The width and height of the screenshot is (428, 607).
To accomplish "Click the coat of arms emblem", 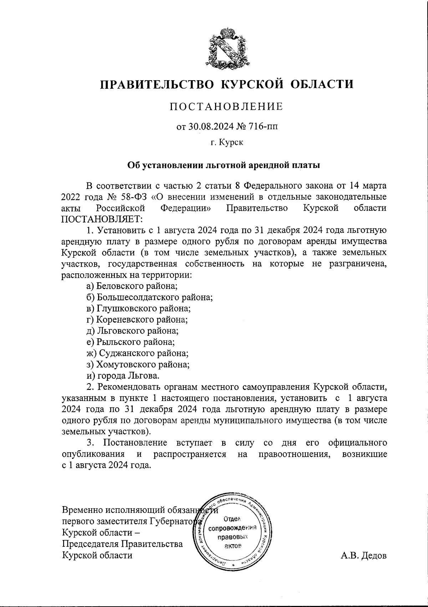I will pos(227,48).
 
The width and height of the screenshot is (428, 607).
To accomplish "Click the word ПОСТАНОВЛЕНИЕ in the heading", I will pos(226,107).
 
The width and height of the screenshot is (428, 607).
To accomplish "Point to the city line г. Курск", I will pos(226,143).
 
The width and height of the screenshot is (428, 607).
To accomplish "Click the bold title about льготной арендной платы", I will pos(224,165).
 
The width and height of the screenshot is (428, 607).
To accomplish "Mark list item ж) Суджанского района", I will pos(138,353).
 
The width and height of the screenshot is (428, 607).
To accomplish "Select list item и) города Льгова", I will pos(123,376).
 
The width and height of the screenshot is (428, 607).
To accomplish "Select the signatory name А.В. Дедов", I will pos(363,556).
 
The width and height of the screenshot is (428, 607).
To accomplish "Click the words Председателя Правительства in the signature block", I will pos(122,544).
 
